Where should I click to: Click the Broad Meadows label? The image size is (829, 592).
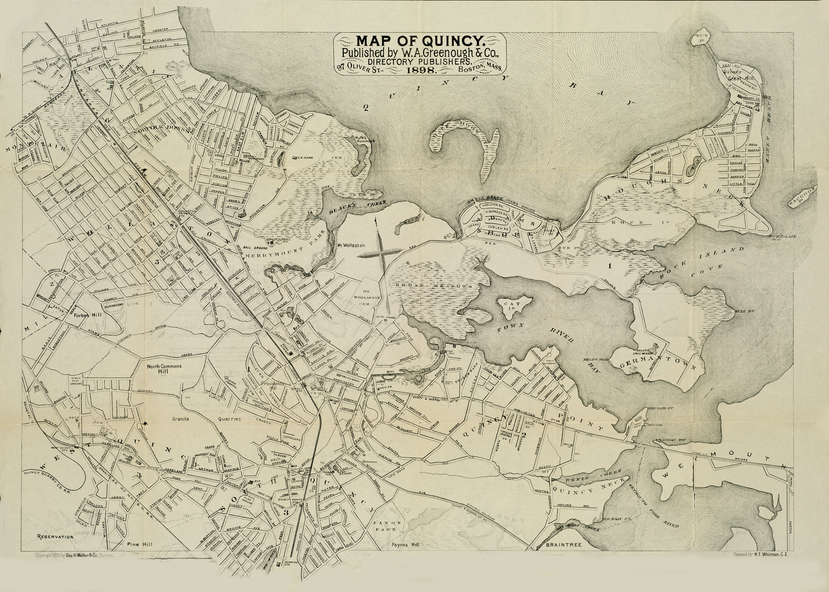tap(434, 286)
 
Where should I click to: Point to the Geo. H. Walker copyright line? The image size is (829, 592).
tap(74, 566)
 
